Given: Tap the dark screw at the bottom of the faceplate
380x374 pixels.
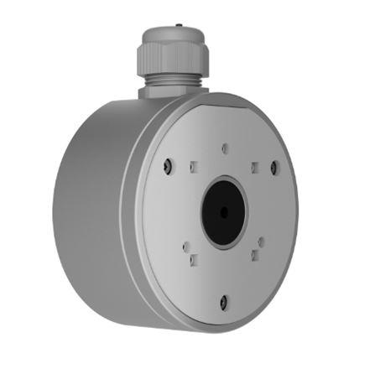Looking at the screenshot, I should pyautogui.click(x=223, y=303).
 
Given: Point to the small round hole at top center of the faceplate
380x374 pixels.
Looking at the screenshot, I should pyautogui.click(x=224, y=148).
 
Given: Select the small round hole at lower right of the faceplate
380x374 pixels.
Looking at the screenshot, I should pyautogui.click(x=261, y=242).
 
